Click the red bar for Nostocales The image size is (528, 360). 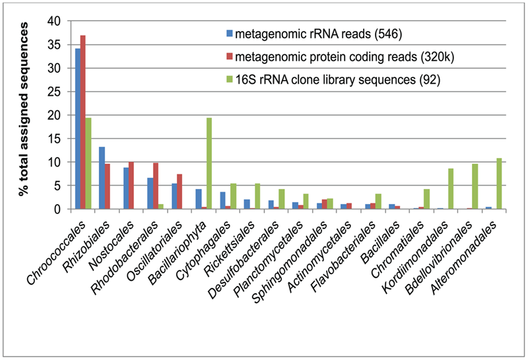point(131,186)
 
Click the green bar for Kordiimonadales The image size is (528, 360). point(451,189)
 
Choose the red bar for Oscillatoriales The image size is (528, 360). point(179,192)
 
